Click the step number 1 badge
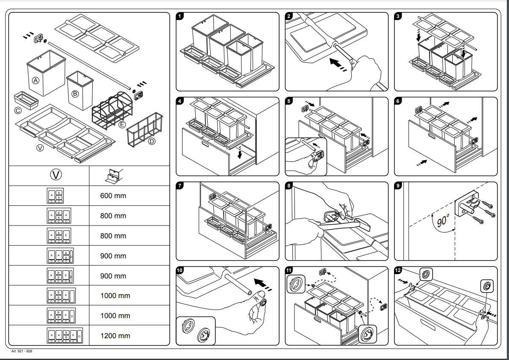[x=180, y=16]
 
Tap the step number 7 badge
[x=180, y=186]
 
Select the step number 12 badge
[x=398, y=271]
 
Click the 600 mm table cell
[x=113, y=196]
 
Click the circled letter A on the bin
[x=36, y=80]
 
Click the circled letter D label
[x=151, y=141]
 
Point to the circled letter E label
[x=122, y=125]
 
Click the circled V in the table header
[x=56, y=175]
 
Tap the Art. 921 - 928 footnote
[x=22, y=351]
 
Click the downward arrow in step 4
[x=240, y=153]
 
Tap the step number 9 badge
[x=398, y=186]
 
